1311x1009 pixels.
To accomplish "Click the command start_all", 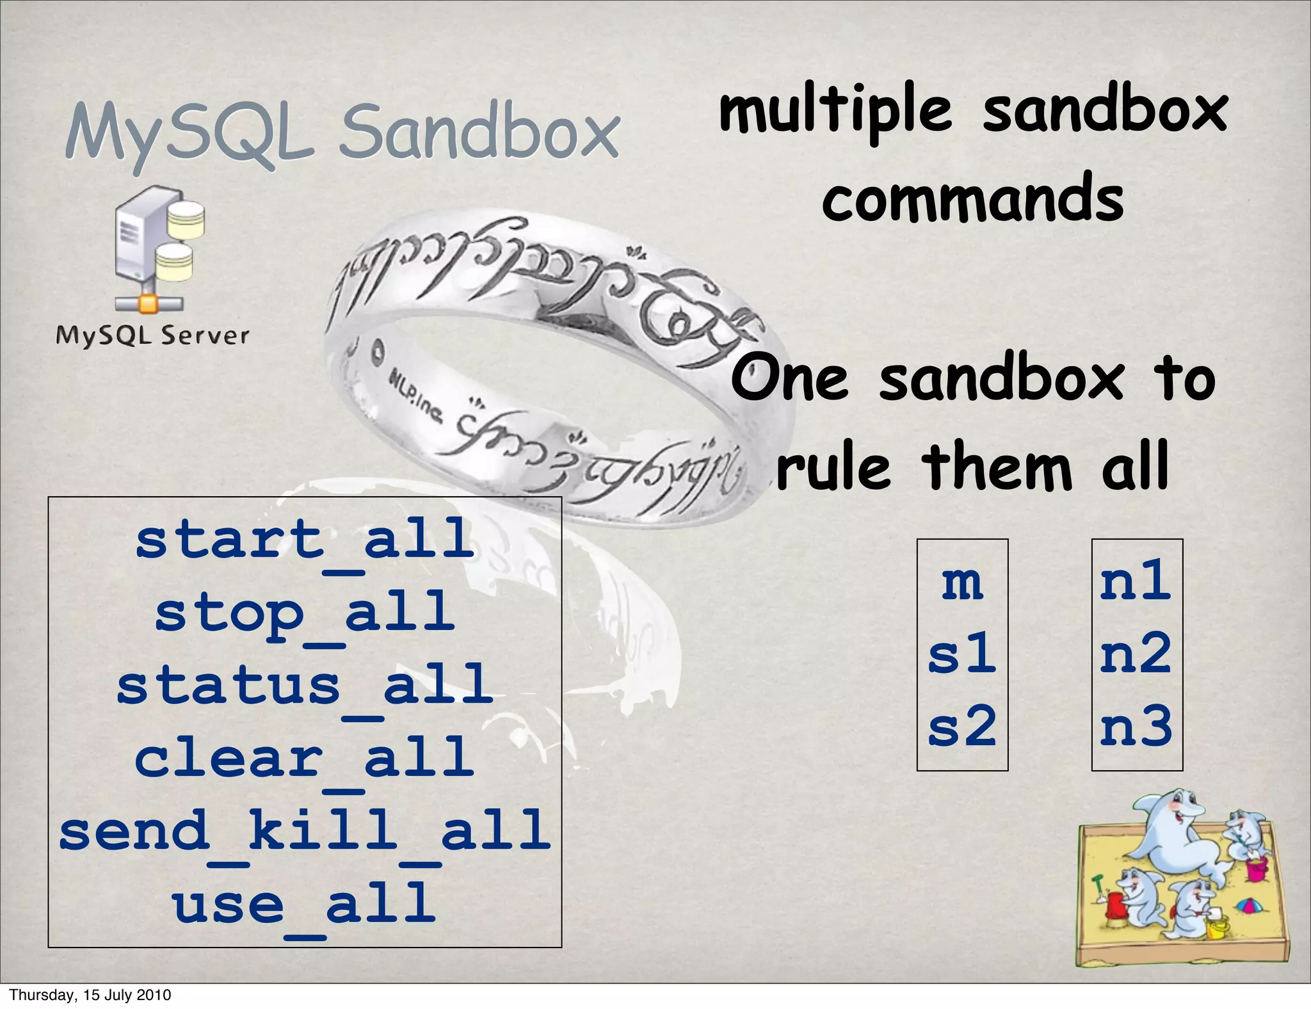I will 305,540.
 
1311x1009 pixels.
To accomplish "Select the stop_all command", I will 305,613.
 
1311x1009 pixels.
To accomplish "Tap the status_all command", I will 305,686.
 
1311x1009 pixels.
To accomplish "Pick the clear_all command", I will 305,759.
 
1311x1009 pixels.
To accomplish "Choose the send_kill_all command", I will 305,832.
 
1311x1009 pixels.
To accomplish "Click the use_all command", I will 305,904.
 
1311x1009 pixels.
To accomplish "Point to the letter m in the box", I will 962,583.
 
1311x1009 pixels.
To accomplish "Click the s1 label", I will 962,654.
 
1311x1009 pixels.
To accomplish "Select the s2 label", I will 962,727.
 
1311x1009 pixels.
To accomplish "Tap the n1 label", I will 1136,581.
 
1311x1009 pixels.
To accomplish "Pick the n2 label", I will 1136,654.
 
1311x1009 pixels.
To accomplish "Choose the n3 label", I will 1136,727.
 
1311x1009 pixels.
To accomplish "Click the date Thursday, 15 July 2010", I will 90,995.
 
